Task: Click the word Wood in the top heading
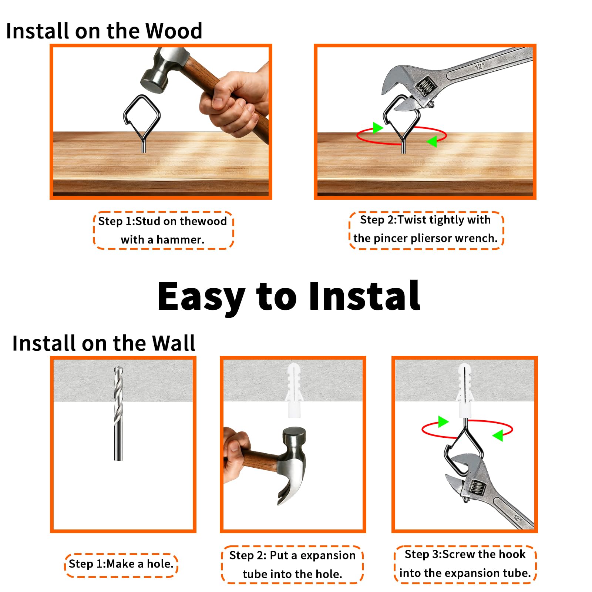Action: (x=174, y=31)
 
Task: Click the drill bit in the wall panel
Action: (x=118, y=413)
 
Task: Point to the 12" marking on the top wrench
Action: (x=480, y=67)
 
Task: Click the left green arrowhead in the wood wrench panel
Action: (x=377, y=128)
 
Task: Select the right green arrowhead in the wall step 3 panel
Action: (x=498, y=435)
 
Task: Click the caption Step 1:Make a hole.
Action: (x=121, y=564)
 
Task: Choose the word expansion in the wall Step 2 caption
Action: (x=328, y=556)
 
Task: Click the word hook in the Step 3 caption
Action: (x=512, y=554)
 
